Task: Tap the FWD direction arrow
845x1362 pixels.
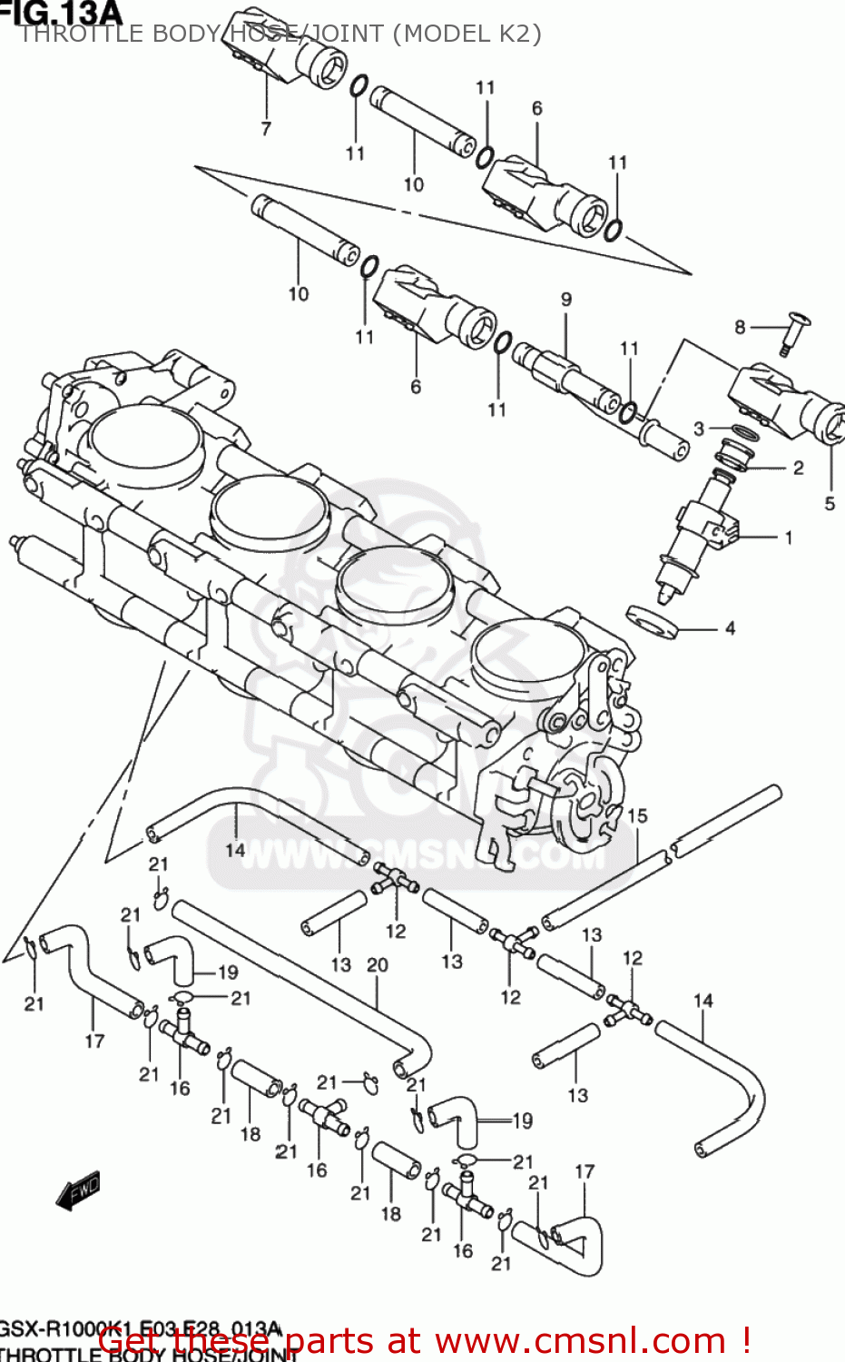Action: pos(79,1191)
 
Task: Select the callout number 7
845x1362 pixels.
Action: pos(266,129)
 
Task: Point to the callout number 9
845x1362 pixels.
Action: pos(566,299)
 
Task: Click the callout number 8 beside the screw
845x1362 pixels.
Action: pos(740,327)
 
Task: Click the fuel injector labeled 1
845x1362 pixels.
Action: pos(694,536)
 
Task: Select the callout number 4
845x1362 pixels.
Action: pos(730,628)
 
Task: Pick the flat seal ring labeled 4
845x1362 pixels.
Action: pos(652,621)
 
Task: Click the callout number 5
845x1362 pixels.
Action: pos(830,503)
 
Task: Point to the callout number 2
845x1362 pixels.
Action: pos(798,469)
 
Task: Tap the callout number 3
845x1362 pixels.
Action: pos(699,429)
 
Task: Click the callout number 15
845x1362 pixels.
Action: pos(637,815)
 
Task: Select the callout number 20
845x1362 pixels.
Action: pos(378,965)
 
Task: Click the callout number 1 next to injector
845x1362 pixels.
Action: pos(789,538)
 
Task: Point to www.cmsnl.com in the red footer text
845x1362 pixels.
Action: pos(581,1341)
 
